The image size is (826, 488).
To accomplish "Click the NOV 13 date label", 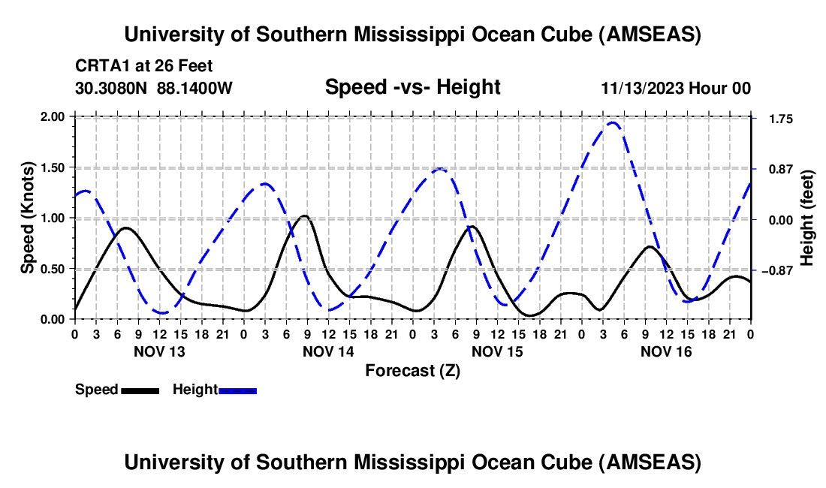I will coord(158,351).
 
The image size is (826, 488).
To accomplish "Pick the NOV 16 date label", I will coord(666,351).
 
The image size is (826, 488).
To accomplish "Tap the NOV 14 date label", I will coord(328,351).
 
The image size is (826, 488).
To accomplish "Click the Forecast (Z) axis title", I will coord(412,370).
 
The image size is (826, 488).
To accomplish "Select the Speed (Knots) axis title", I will coord(28,218).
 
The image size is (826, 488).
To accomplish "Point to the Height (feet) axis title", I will coord(807,218).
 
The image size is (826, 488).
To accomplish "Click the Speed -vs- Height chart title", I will coord(412,87).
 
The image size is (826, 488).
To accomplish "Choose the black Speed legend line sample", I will coord(140,390).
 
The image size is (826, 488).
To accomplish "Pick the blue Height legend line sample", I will coord(237,390).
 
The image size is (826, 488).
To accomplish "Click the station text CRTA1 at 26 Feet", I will coord(133,66).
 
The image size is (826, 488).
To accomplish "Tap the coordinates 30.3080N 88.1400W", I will coord(154,88).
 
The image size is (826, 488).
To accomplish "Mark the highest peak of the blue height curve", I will coord(613,122).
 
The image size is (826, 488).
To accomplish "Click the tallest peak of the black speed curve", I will coord(303,216).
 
